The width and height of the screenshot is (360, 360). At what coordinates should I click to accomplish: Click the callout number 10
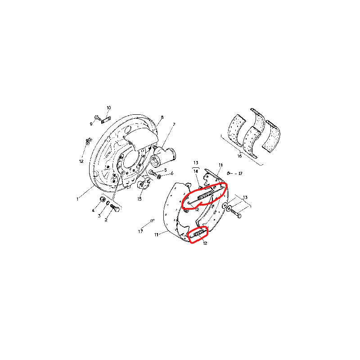tap(109, 108)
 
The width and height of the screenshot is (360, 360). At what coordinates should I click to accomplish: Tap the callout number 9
tap(91, 124)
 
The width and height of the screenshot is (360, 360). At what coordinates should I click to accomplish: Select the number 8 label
tap(162, 117)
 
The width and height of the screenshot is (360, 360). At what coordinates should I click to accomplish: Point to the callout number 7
tap(174, 125)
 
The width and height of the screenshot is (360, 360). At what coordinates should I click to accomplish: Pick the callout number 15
tap(139, 199)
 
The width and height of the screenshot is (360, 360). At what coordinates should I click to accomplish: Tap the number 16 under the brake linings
tap(239, 156)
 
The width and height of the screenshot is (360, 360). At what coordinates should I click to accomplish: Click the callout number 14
tap(196, 171)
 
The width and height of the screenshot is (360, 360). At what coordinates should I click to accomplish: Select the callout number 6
tap(172, 173)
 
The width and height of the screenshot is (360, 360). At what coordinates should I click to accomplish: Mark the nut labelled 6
tap(159, 177)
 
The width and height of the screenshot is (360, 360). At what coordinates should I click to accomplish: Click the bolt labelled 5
tap(153, 172)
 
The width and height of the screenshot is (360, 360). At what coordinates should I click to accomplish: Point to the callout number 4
tap(93, 210)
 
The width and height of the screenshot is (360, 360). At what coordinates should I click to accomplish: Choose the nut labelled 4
tap(103, 199)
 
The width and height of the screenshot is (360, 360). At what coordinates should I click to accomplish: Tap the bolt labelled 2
tap(115, 208)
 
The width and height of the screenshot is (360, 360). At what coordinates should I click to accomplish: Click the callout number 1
tap(77, 199)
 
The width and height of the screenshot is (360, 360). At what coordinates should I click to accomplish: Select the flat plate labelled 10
tap(106, 120)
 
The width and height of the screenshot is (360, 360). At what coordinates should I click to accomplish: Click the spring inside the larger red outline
tap(205, 195)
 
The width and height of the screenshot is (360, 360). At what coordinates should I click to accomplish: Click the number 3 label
tap(99, 216)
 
